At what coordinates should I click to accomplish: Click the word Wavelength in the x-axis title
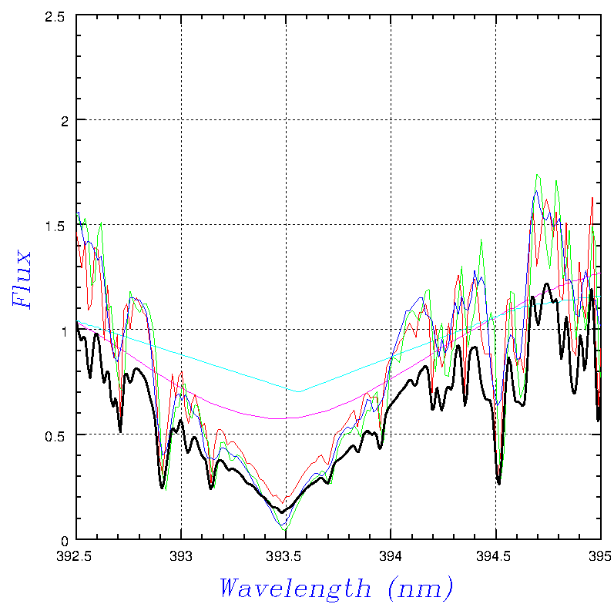point(294,589)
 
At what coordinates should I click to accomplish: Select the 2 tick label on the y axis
point(64,120)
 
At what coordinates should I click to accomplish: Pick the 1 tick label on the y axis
point(64,330)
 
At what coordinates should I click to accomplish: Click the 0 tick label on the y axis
point(64,539)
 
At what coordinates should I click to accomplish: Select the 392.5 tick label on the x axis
point(76,555)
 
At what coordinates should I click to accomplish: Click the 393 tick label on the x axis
point(181,555)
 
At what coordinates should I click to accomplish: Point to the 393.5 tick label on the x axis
point(286,555)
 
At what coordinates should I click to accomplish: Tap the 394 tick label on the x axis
point(391,555)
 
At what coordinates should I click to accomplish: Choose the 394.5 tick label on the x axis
point(495,555)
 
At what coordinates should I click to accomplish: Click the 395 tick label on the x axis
point(599,555)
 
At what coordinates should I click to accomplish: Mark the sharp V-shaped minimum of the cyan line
point(299,391)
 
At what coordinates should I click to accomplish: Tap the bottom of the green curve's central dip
point(285,531)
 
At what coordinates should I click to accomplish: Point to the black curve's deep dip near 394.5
point(498,484)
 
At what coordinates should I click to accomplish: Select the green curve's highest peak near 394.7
point(537,175)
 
